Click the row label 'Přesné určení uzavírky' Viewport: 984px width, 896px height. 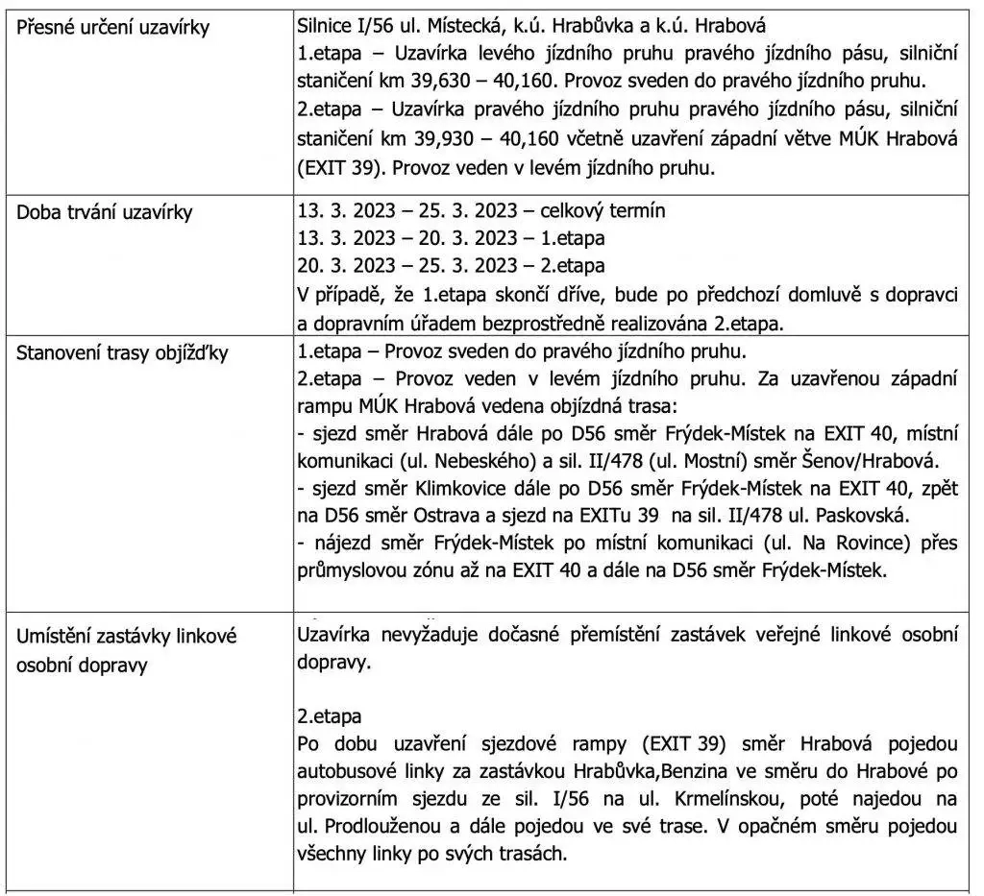coord(113,28)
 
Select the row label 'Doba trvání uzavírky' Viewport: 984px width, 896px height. coord(105,212)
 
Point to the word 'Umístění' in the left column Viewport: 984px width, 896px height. coord(59,638)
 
